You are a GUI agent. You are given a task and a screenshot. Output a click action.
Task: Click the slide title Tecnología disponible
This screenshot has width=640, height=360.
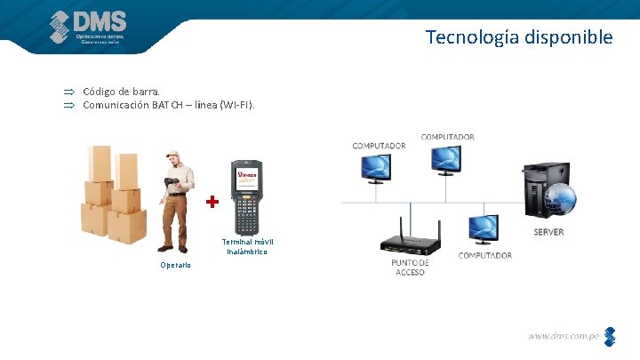tap(518, 37)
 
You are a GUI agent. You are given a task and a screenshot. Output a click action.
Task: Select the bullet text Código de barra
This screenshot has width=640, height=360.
tap(122, 91)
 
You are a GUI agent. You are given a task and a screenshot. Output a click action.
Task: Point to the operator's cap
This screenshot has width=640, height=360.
tap(176, 154)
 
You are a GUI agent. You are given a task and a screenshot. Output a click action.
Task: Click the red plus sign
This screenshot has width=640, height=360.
tap(212, 203)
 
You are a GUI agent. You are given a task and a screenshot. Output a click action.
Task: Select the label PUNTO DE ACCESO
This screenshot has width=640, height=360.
tap(410, 268)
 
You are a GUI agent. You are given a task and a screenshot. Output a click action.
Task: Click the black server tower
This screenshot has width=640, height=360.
tap(540, 191)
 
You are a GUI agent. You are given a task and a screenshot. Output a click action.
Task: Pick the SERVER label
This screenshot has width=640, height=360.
tap(548, 232)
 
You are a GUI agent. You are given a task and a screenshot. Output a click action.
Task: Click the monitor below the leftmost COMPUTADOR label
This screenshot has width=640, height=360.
tap(374, 166)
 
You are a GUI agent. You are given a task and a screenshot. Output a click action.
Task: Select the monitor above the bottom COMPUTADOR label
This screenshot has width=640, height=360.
tap(485, 228)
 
